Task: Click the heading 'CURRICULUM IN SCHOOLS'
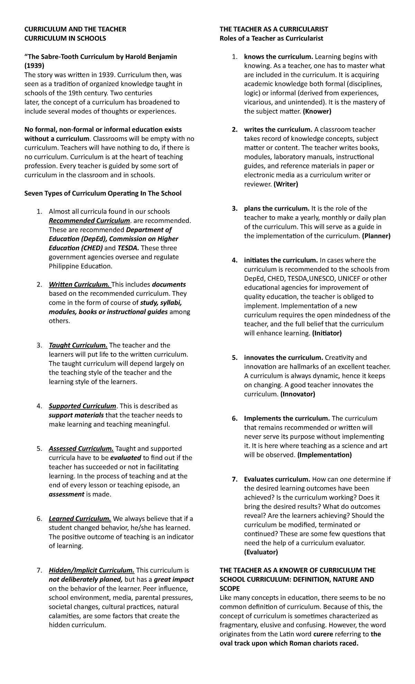tap(65, 38)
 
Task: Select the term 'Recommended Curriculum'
tap(89, 221)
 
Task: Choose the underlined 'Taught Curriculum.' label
tap(78, 345)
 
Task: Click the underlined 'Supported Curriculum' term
tap(83, 406)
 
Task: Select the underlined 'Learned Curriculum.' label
tap(80, 519)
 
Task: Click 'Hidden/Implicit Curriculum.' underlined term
tap(91, 570)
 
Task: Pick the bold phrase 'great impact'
tap(174, 579)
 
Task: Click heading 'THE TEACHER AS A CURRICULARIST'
tap(274, 29)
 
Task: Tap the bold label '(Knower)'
tap(317, 111)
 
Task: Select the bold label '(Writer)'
tap(286, 184)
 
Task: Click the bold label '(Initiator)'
tap(326, 333)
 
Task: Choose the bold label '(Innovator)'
tap(298, 394)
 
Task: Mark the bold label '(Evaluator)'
tap(261, 552)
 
